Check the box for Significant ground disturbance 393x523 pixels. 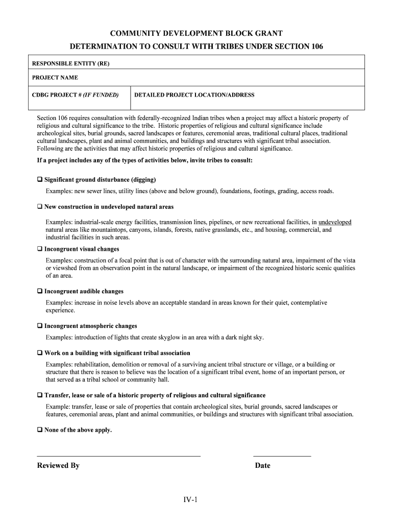40,180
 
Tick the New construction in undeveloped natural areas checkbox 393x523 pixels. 40,207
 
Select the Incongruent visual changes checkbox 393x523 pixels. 40,249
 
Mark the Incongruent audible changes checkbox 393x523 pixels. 40,292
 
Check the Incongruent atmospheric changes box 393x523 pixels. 40,326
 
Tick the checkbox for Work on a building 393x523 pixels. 40,353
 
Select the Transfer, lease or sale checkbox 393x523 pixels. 40,396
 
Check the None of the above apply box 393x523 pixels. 40,430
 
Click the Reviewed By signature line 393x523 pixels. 118,455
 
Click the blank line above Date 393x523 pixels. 282,455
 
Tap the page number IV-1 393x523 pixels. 191,500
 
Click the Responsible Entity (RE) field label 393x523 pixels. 71,64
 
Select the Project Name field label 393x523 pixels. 55,78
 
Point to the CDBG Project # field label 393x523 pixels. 75,95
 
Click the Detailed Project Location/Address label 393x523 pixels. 194,95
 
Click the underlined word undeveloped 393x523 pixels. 334,223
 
